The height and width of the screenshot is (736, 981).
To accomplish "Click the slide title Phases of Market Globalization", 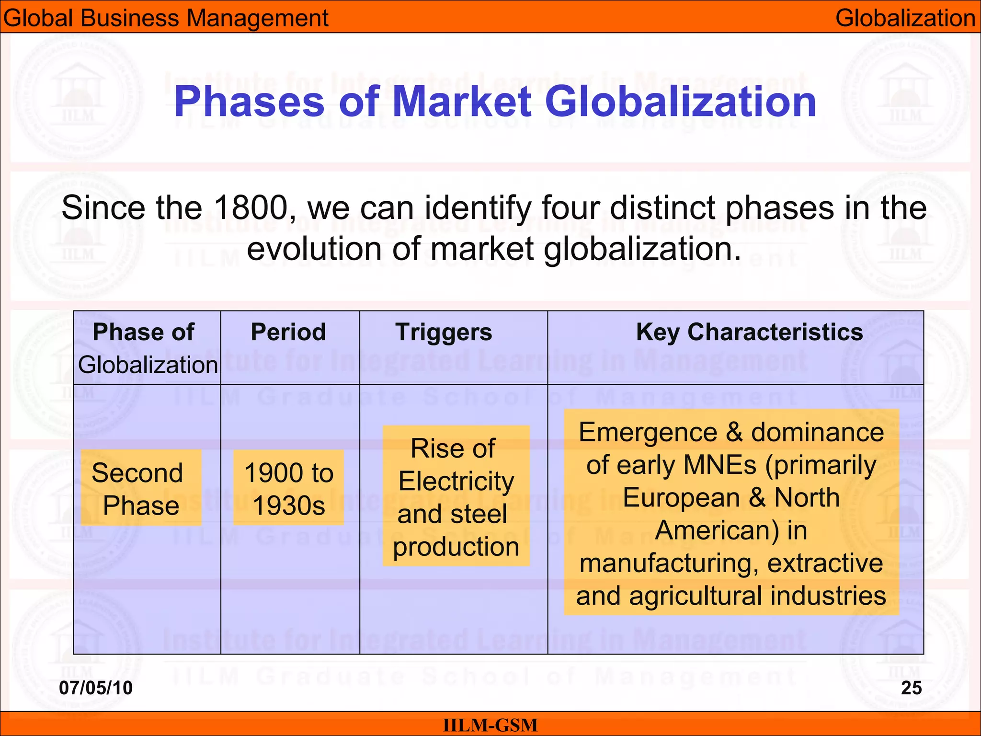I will tap(495, 102).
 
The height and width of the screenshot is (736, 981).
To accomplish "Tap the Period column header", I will tap(288, 332).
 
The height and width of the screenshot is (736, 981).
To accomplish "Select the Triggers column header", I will tap(444, 332).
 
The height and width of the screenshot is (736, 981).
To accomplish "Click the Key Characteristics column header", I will tap(749, 332).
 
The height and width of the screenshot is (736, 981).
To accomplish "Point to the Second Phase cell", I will tap(141, 489).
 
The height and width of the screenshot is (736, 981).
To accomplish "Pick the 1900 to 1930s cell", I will tap(289, 489).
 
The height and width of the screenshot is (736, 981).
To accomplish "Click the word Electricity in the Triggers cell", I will tap(456, 481).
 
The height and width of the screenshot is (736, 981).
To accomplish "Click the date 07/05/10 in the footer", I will tap(96, 688).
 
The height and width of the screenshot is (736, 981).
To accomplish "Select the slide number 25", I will tap(911, 688).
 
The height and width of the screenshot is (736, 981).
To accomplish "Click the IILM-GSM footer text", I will tap(490, 725).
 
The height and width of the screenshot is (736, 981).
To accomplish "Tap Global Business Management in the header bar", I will tap(166, 18).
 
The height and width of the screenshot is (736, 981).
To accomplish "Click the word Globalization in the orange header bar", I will tap(905, 18).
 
